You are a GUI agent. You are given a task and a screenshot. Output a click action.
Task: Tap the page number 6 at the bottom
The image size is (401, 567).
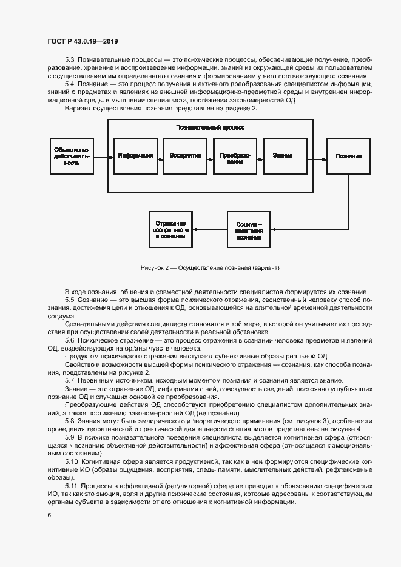click(x=49, y=515)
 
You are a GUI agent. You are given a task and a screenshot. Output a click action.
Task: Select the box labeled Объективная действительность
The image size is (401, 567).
click(x=72, y=156)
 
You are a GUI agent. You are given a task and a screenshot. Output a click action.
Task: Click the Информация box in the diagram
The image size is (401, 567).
click(x=135, y=156)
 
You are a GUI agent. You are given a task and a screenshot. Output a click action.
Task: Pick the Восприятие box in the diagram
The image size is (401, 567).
click(x=185, y=156)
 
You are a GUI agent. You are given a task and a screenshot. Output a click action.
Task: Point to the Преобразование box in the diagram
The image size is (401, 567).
click(x=235, y=156)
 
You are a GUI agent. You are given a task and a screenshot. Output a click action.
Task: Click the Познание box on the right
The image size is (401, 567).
click(x=348, y=156)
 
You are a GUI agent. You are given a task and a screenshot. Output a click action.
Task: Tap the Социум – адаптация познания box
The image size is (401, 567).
click(x=249, y=229)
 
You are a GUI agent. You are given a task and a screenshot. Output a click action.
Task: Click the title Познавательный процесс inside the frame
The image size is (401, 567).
click(x=210, y=128)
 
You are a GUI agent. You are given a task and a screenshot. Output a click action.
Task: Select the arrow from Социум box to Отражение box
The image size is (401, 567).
click(x=210, y=229)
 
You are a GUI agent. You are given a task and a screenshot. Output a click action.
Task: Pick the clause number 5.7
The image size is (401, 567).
click(x=69, y=380)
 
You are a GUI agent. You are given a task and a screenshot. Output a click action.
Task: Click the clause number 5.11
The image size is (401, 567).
click(x=70, y=486)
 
